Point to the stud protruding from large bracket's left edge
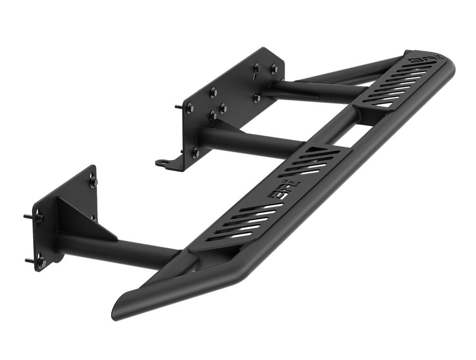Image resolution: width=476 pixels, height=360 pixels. [178, 106]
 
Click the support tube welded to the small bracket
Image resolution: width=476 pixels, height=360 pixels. [116, 249]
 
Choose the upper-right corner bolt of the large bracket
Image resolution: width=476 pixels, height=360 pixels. [274, 69]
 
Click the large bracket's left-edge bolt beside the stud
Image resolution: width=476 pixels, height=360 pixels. [190, 107]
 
